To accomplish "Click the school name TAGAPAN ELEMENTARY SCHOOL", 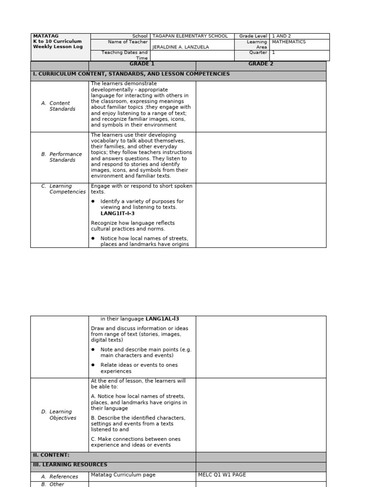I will coord(190,36).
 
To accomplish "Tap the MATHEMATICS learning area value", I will coord(288,42).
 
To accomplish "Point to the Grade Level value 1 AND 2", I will coord(281,36).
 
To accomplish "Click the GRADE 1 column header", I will coord(142,64).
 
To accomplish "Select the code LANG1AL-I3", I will coord(162,319).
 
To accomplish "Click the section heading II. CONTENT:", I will coord(51,455).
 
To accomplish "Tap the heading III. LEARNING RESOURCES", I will coord(70,465).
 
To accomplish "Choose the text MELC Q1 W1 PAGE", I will coord(222,475).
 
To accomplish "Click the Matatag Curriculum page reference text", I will coord(123,475).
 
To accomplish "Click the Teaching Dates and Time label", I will coord(125,55).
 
